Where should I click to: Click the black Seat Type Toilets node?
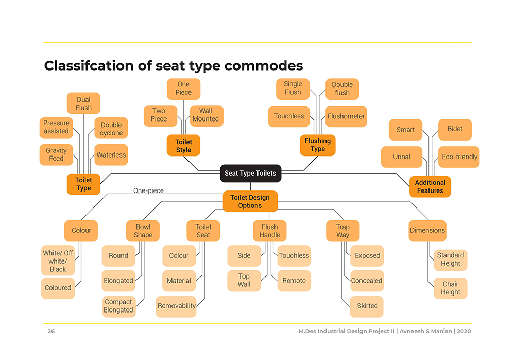pos(250,174)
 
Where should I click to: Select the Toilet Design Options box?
pos(250,201)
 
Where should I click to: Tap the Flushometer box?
pos(346,116)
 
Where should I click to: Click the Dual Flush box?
pos(83,103)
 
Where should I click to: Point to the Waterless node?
pos(111,154)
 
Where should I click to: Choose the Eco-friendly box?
pos(459,157)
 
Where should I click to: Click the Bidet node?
pos(455,129)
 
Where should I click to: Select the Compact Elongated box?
pos(118,306)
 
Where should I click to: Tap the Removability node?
pos(176,306)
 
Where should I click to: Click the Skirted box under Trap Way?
pos(367,306)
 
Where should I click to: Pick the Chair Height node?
pos(450,288)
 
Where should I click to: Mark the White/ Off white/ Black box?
pos(58,261)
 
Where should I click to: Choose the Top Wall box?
pos(244,280)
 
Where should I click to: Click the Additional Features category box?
pos(430,186)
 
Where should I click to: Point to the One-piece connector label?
pos(148,190)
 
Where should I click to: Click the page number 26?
pos(51,331)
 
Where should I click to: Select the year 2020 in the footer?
pos(464,331)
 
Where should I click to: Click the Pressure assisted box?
pos(56,127)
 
